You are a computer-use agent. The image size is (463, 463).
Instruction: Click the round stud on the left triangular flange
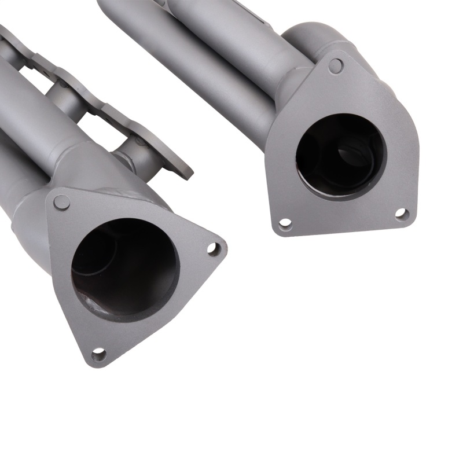61,203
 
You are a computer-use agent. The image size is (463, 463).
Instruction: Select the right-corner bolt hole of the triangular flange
214,249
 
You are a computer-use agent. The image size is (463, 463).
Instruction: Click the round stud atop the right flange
336,65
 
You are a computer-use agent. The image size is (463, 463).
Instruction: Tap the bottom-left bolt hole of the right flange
285,223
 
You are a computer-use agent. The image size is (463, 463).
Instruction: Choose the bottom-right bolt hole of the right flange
400,215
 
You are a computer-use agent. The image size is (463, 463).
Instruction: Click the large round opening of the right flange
341,156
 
